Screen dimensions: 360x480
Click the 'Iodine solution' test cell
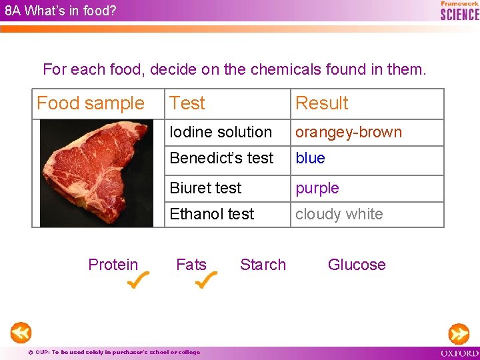[x=221, y=132]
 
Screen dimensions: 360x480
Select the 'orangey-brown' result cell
[x=349, y=132]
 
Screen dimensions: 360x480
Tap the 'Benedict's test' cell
[x=221, y=158]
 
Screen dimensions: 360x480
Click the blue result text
[x=310, y=158]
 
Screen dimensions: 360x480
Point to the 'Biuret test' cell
[x=205, y=188]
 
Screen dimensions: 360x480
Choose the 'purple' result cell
[x=317, y=188]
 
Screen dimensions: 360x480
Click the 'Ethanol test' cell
[x=212, y=214]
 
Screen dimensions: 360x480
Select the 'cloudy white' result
[x=339, y=214]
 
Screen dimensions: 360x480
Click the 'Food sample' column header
[x=91, y=103]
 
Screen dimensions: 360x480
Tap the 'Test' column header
[x=187, y=103]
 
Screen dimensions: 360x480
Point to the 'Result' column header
[x=322, y=103]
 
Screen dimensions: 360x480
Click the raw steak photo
[x=96, y=173]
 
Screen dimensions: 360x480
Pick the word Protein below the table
[x=113, y=265]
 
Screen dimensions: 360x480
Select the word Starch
[x=263, y=265]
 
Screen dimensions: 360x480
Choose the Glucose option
[x=357, y=265]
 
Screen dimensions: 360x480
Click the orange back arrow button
[x=21, y=332]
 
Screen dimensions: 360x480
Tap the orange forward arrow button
[x=459, y=333]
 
